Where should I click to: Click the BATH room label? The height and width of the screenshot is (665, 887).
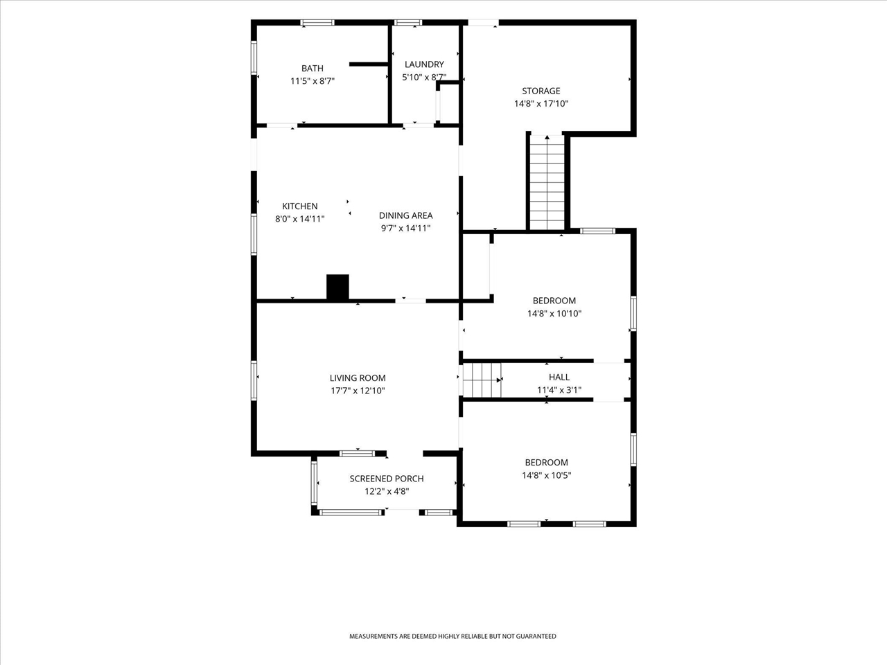point(313,69)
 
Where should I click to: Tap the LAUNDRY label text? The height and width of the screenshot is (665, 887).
point(424,64)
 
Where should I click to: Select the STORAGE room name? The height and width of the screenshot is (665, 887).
point(541,91)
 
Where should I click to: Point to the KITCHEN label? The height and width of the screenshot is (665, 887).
point(300,206)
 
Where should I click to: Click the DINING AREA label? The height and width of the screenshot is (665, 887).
point(405,215)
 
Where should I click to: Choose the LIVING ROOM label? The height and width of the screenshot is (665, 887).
point(358,378)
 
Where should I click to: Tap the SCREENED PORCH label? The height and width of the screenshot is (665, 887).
point(387,479)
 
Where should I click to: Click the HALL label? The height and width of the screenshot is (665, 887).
point(559,377)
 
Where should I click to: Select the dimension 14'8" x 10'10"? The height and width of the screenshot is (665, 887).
point(554,313)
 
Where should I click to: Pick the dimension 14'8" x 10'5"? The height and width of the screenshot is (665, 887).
point(546,475)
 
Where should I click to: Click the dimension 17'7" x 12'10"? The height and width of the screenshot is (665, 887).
point(358,391)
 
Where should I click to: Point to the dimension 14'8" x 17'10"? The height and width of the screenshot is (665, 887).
point(541,104)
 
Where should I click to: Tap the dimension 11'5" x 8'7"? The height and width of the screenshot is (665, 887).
point(313,81)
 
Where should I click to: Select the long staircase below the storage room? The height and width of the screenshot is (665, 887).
point(547,182)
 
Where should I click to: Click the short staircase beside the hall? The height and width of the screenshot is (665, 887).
point(482,380)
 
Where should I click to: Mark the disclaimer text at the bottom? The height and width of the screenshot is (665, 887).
point(453,637)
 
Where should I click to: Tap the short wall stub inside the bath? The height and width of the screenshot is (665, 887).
point(369,64)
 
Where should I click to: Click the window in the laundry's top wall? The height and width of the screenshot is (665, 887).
point(408,23)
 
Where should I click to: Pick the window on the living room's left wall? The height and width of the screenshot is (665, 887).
point(254,381)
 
